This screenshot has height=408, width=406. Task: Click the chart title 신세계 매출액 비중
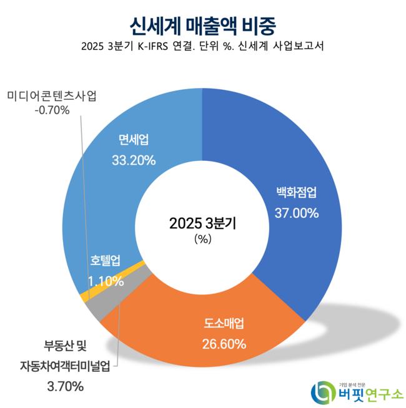click(x=203, y=25)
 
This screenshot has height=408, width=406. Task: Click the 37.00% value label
click(x=297, y=213)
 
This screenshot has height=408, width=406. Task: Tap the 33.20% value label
click(x=133, y=160)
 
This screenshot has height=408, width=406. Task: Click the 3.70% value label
click(x=65, y=387)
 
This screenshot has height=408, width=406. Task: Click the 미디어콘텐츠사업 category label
click(x=52, y=95)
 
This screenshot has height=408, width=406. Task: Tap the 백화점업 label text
click(x=297, y=192)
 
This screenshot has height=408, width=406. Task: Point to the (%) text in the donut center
click(x=203, y=239)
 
